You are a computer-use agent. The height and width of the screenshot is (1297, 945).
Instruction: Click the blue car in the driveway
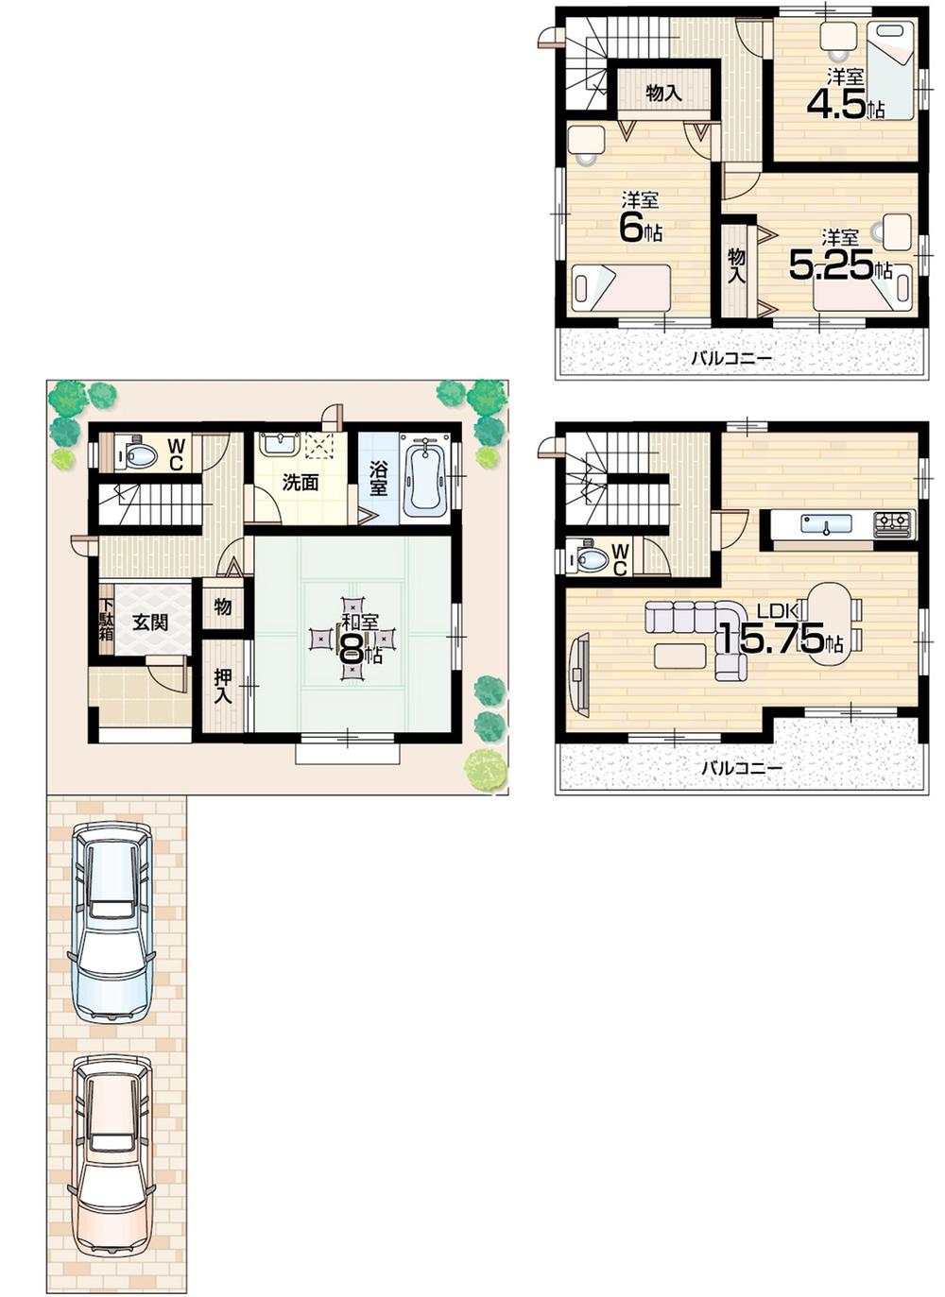tap(112, 922)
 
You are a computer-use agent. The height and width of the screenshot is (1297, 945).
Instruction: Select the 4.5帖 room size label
tap(844, 105)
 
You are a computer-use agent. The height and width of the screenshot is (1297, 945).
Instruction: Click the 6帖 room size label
tap(640, 228)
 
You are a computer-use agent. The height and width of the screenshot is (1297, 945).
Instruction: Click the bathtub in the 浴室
tap(424, 476)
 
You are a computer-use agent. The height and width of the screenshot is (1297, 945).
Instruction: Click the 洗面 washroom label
tap(301, 483)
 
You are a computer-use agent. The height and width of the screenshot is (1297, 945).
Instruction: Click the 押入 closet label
tap(223, 686)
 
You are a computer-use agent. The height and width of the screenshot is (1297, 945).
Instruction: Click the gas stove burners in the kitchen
tap(892, 522)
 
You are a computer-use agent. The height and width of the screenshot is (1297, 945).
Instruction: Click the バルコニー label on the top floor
tap(730, 358)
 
